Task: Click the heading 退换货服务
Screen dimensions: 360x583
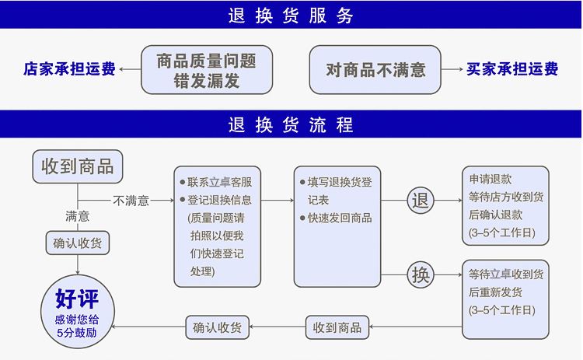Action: point(291,16)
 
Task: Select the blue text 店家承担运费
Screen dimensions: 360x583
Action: point(70,69)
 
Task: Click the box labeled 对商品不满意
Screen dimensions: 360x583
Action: point(375,69)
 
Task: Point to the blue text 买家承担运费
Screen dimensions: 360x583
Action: point(512,69)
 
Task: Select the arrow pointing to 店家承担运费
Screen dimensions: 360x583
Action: point(129,69)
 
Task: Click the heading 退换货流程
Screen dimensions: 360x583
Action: point(291,124)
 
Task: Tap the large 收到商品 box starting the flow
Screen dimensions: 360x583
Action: point(77,166)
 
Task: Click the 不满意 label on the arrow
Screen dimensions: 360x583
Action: point(131,201)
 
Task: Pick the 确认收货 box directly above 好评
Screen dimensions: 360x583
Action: point(77,243)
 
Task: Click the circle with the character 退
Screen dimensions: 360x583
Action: point(421,201)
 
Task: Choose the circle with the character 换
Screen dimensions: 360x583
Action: point(421,274)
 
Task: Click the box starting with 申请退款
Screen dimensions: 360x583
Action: point(505,206)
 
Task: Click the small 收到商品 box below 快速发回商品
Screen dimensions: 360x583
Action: point(337,327)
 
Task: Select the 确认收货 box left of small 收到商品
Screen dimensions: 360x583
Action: point(218,327)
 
